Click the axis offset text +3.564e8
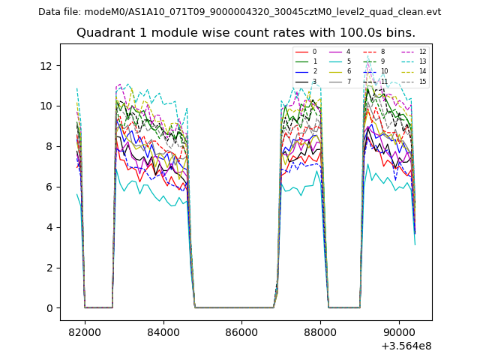click(x=406, y=346)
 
